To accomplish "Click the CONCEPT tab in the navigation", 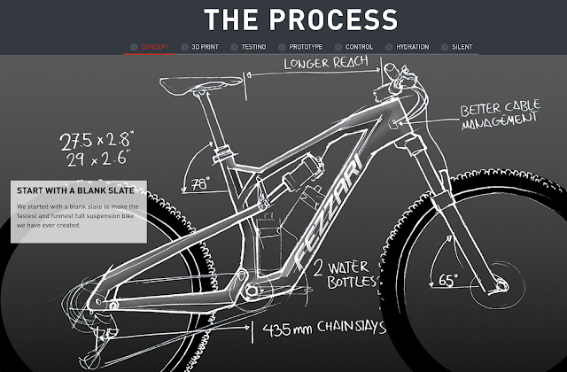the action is coord(156,46).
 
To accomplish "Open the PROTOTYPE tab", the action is coord(305,46).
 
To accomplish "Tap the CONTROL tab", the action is coord(359,46).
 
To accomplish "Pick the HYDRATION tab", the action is coord(412,46).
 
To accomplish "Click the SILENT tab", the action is coord(462,46).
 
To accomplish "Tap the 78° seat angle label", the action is coord(201,184).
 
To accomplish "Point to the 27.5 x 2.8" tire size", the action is coord(96,140).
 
